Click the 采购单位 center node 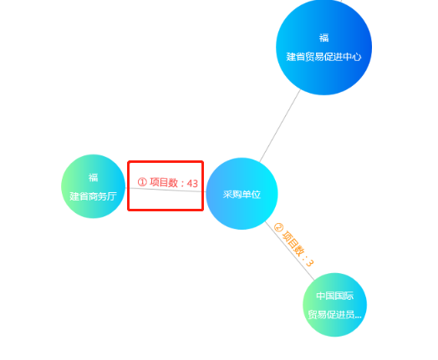click(x=242, y=194)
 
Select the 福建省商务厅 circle click(x=93, y=186)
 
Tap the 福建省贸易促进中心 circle click(x=323, y=47)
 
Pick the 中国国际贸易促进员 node click(x=334, y=305)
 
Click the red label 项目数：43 click(x=168, y=183)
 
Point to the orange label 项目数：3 click(x=294, y=244)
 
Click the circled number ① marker click(x=142, y=182)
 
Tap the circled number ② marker click(x=278, y=227)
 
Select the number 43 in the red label click(x=192, y=184)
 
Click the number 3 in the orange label click(x=310, y=262)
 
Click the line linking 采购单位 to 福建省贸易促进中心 click(x=280, y=125)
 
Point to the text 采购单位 click(x=242, y=195)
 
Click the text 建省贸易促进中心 click(x=323, y=57)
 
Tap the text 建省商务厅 click(x=93, y=196)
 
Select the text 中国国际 click(x=335, y=296)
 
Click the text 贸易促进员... click(x=332, y=315)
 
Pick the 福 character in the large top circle click(x=323, y=38)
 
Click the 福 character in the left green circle click(x=93, y=177)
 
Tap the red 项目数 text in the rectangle click(x=164, y=182)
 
